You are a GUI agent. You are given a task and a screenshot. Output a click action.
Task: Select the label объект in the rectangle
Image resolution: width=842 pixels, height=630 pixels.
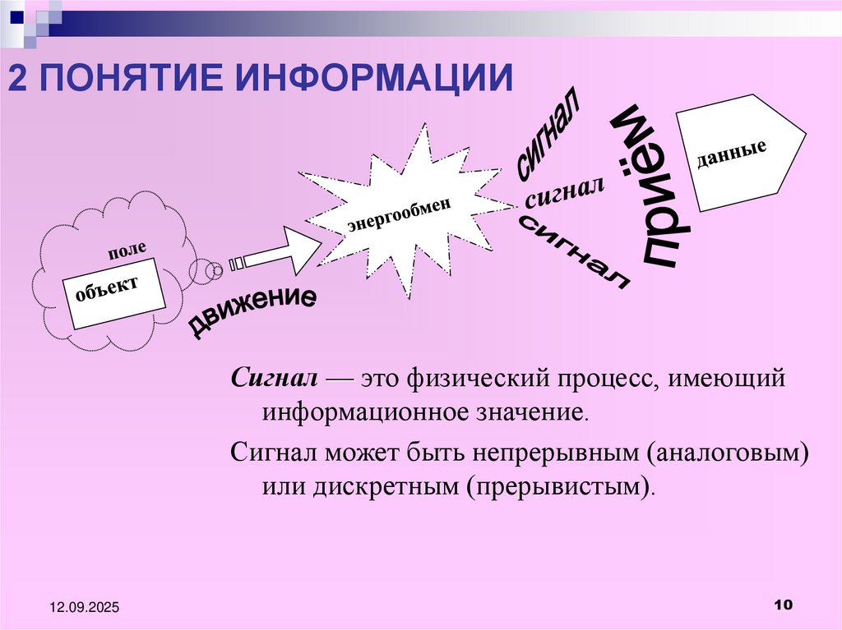pos(106,289)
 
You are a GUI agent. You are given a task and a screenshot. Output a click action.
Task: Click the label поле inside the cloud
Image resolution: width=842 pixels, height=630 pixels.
pos(126,251)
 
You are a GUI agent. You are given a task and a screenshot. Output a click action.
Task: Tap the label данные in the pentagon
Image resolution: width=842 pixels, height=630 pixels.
pos(731,152)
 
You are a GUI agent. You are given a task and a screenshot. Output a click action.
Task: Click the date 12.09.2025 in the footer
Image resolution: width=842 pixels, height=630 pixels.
pos(84,607)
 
